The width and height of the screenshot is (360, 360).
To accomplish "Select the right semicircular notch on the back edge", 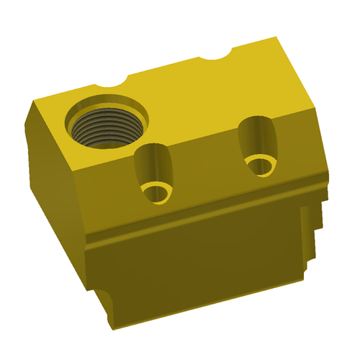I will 217,53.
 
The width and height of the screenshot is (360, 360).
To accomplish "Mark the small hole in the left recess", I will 156,192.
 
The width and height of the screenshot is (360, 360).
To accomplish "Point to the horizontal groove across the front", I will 202,216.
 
